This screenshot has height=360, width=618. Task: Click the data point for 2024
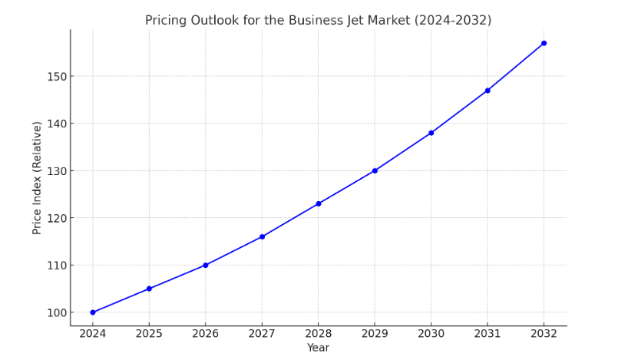[x=93, y=312]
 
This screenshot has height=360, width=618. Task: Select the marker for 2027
[x=262, y=236]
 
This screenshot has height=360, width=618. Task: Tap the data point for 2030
[x=431, y=133]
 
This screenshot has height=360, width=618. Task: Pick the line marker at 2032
[x=544, y=43]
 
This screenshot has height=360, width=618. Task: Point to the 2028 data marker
[x=319, y=203]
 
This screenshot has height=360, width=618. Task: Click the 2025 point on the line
[x=149, y=289]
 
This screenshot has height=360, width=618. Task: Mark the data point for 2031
[x=487, y=91]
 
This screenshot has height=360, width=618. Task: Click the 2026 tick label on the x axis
[x=205, y=334]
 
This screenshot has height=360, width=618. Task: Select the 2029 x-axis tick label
[x=375, y=334]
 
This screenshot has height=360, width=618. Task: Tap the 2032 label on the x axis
[x=544, y=334]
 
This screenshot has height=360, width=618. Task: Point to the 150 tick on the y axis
[x=55, y=77]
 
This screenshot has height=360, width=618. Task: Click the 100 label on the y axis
[x=55, y=312]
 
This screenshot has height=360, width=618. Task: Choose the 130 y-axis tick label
[x=55, y=171]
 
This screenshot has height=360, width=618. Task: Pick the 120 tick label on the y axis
[x=55, y=218]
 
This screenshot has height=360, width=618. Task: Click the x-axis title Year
[x=318, y=348]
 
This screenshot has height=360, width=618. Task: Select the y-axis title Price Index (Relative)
[x=37, y=177]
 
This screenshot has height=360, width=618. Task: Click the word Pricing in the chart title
[x=166, y=21]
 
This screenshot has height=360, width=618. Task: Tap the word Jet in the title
[x=354, y=21]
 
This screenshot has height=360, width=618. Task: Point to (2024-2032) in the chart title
[x=453, y=21]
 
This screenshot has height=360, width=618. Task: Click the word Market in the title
[x=389, y=21]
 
